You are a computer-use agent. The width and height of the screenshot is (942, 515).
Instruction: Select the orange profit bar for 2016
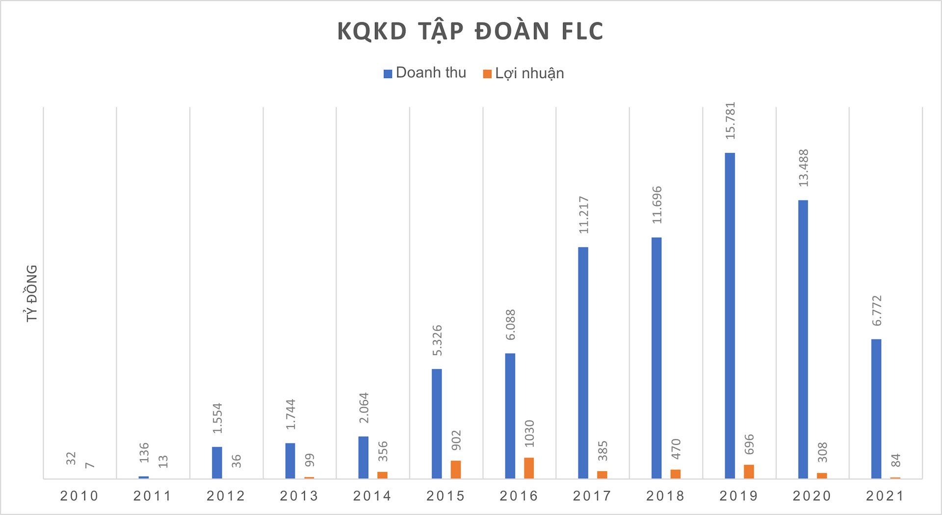529,468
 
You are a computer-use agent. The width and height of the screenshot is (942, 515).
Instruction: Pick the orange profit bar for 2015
456,469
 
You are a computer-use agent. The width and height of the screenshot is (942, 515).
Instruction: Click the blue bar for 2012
217,462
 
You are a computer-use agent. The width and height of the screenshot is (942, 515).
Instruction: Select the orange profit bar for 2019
749,471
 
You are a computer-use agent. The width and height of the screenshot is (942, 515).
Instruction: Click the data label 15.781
731,121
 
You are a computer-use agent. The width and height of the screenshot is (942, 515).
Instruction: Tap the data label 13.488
804,168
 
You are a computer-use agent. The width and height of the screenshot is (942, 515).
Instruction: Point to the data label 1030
529,434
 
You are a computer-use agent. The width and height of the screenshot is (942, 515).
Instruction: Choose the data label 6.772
877,311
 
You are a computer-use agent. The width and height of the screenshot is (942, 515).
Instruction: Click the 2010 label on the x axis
79,496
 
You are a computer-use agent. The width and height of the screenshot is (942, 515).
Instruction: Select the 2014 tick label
372,496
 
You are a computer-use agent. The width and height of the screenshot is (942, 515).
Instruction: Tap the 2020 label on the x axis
812,496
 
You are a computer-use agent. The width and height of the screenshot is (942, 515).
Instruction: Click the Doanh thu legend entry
425,73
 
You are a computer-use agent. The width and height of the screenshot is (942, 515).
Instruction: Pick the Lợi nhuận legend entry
523,74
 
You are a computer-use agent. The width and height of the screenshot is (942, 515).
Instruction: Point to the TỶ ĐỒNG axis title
32,293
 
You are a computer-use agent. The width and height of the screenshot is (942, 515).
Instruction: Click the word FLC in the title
582,31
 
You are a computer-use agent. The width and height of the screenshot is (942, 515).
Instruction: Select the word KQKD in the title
372,31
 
